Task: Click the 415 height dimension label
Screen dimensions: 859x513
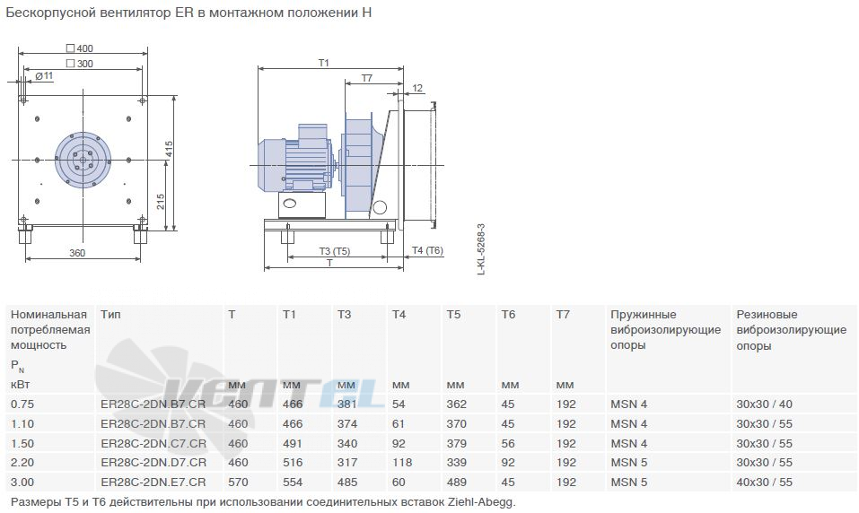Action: point(170,149)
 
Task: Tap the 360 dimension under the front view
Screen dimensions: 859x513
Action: point(77,253)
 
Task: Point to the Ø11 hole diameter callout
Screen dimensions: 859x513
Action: point(44,75)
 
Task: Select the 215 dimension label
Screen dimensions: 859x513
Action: point(161,202)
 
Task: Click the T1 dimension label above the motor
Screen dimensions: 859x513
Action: point(324,63)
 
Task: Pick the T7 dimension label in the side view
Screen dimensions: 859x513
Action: point(367,78)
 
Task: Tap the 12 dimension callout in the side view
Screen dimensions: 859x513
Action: point(417,88)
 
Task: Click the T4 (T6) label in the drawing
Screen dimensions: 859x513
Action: point(427,250)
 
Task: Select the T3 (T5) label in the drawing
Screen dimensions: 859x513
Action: point(335,251)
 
